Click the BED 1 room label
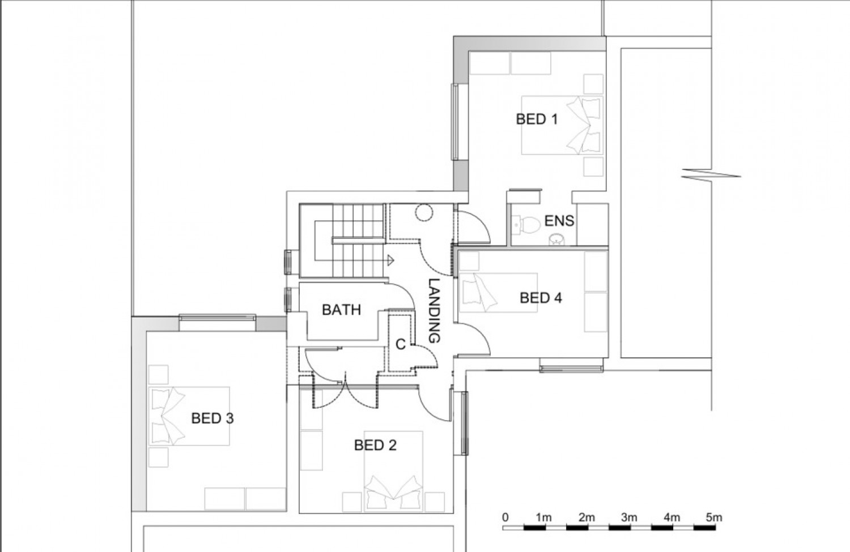click(x=537, y=119)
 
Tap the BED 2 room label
click(x=375, y=446)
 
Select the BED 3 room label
click(x=212, y=418)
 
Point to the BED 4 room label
click(x=541, y=298)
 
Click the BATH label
click(x=341, y=310)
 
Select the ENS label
click(x=559, y=221)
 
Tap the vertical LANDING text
click(x=433, y=311)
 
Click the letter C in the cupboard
click(x=400, y=344)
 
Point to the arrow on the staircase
click(x=390, y=260)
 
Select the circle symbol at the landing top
click(x=424, y=212)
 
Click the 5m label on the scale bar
click(x=714, y=517)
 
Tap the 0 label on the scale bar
click(x=505, y=517)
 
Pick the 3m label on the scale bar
click(x=629, y=517)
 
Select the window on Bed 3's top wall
click(x=217, y=319)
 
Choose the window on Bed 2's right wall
click(x=464, y=423)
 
